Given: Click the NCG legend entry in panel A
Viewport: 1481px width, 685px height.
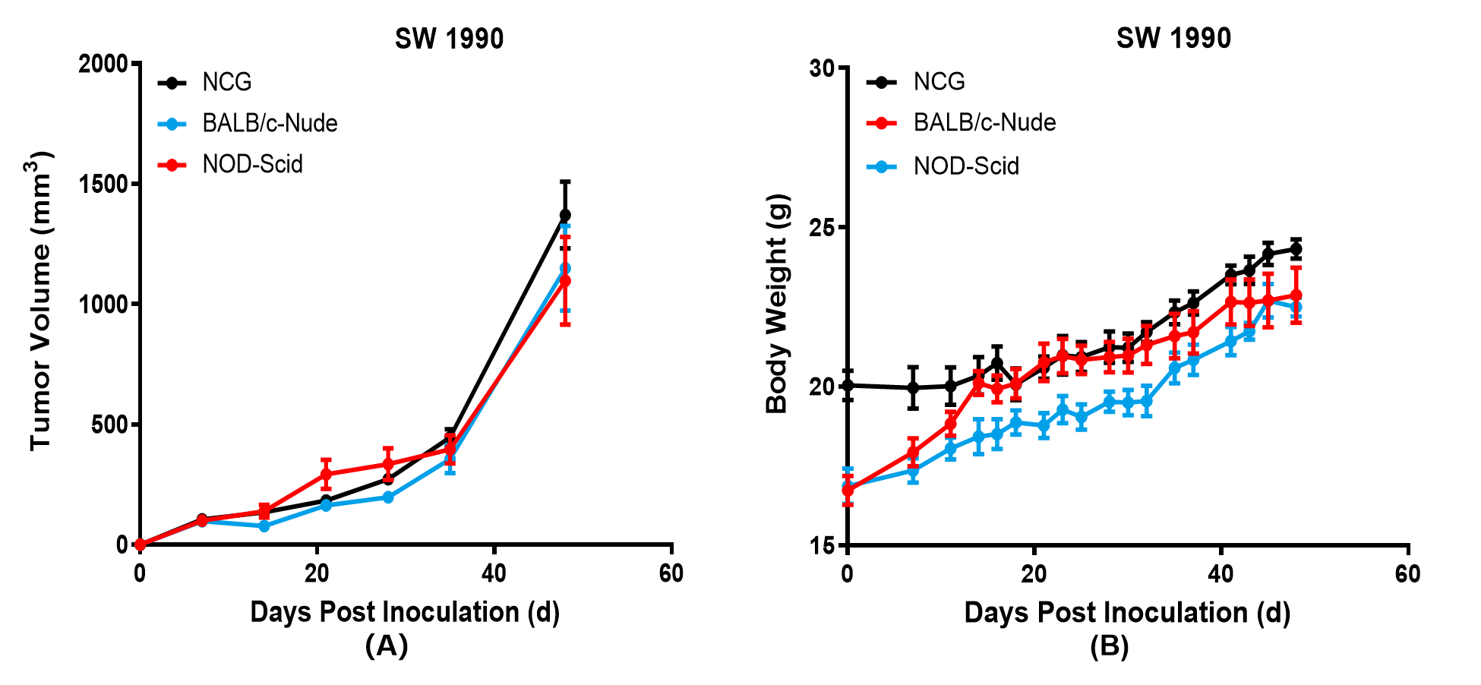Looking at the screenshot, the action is (205, 82).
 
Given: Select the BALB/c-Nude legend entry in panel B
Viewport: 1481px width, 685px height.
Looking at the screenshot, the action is (961, 122).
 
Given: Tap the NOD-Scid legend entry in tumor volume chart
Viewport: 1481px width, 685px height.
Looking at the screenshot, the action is (230, 164).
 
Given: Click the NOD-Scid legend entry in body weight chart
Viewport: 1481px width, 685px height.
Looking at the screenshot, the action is (943, 166).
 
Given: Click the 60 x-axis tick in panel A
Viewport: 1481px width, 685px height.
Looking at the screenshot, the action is (671, 573).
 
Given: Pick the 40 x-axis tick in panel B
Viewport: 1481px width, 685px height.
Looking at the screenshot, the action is (1220, 573).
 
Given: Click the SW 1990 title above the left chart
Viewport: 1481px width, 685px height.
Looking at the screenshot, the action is (449, 39).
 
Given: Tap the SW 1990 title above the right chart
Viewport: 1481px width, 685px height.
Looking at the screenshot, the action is (1173, 38).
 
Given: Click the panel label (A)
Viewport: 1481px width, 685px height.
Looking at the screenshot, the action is (387, 646).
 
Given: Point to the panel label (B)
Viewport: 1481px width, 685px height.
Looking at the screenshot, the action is (1110, 646).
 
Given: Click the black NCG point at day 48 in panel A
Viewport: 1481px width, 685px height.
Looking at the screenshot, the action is (565, 215).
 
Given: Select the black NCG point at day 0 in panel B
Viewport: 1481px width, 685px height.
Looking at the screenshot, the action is (848, 385).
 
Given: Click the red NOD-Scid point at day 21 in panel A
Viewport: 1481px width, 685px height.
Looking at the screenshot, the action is (326, 475).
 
